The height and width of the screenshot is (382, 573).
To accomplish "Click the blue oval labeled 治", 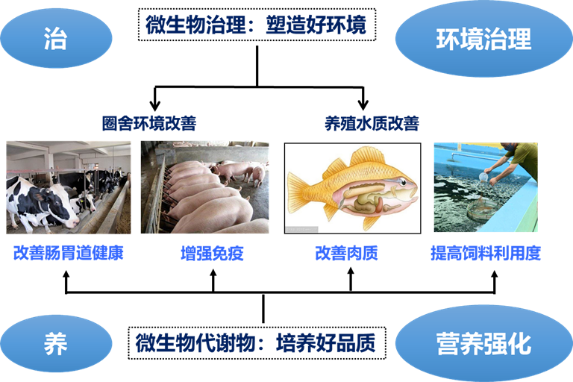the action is (56, 38).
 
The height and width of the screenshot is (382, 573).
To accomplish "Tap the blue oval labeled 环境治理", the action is (483, 38).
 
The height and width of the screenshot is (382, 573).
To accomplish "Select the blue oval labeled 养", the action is (56, 344).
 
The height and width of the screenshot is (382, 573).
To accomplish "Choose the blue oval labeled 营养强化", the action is (483, 343).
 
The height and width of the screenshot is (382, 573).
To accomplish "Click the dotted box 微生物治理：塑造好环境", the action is (257, 25).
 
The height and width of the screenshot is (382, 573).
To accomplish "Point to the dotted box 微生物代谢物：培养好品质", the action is (257, 343).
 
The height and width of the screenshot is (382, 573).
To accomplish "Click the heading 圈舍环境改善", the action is (149, 123).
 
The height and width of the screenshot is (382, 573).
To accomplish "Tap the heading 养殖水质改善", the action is (372, 123).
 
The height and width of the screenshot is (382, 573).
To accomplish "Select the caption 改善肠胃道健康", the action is (69, 253).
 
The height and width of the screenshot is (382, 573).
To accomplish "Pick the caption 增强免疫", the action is (213, 254).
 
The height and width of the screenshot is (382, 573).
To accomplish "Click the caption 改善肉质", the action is (346, 254).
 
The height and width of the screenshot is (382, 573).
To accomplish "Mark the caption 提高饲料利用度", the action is (486, 254).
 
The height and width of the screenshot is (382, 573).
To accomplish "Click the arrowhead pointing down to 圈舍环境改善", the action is (155, 104).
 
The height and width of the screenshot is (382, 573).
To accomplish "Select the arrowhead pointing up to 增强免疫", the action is (213, 274).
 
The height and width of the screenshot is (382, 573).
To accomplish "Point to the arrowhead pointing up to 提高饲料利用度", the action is (495, 275).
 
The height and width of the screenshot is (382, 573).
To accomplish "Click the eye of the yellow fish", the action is (402, 182).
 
